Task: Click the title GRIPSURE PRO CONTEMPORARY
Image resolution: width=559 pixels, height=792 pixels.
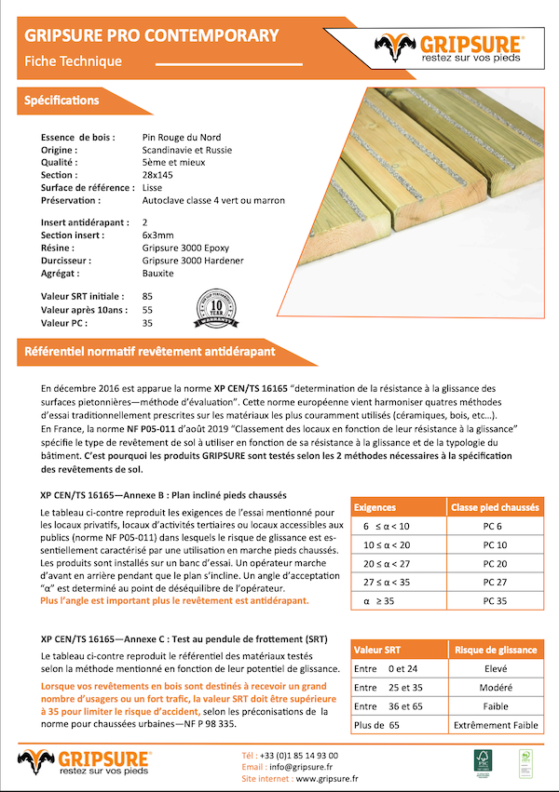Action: point(151,36)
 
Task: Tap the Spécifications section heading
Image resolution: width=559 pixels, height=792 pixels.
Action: point(61,100)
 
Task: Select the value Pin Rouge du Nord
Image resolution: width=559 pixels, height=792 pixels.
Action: point(181,137)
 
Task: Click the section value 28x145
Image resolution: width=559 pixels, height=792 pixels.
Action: point(157,175)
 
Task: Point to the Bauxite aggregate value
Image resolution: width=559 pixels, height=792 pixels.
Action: point(157,274)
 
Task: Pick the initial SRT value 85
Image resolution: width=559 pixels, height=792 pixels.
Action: point(147,296)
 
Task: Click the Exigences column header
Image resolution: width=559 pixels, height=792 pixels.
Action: point(380,508)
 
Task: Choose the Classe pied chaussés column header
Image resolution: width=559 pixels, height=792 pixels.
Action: point(495,508)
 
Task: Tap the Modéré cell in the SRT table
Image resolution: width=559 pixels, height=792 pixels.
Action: point(496,688)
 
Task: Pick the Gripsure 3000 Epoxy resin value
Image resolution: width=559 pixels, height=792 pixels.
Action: point(185,248)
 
